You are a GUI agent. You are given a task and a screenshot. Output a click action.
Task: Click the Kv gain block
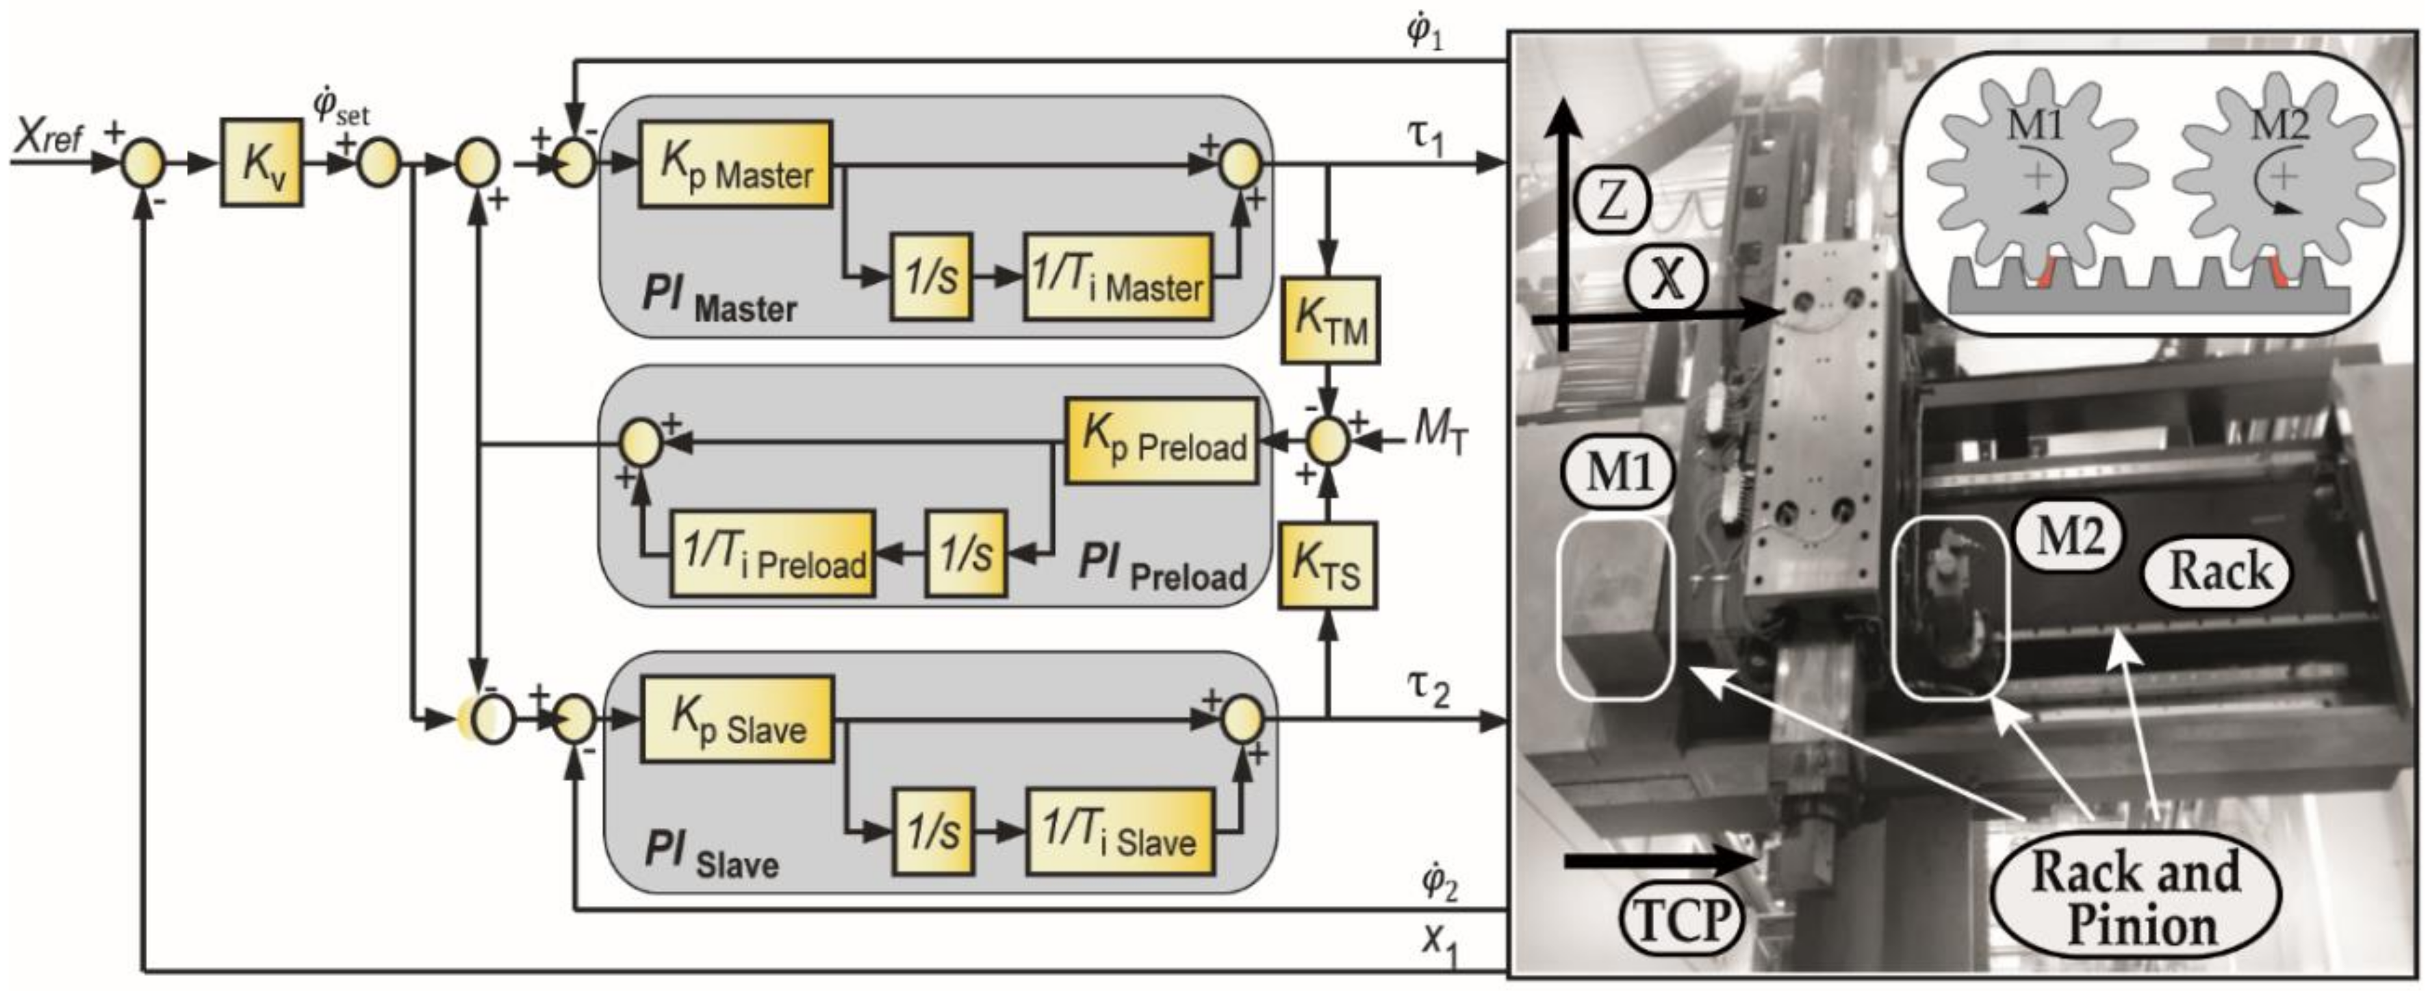coord(261,162)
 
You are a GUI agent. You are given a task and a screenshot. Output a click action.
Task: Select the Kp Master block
coord(734,164)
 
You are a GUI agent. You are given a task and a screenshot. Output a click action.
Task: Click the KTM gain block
coord(1329,320)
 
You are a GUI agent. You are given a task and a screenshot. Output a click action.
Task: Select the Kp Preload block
coord(1161,440)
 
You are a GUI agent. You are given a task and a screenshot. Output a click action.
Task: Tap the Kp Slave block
coord(737,719)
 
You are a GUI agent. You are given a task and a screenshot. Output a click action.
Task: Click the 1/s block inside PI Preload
coord(965,553)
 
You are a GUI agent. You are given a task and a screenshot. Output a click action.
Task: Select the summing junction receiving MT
coord(1328,442)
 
